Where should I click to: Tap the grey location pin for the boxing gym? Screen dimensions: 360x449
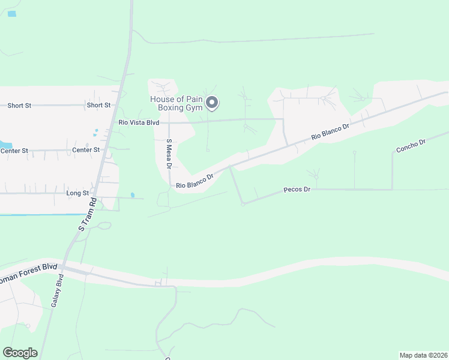tap(211, 103)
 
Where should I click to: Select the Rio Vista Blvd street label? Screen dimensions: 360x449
tap(139, 122)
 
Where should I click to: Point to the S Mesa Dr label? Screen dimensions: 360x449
tap(169, 154)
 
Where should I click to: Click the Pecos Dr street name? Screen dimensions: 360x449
tap(297, 190)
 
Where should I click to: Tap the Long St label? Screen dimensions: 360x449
tap(77, 193)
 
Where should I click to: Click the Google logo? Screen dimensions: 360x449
tap(20, 353)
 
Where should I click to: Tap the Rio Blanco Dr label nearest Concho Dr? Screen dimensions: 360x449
tap(330, 133)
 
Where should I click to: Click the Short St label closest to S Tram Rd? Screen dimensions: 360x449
tap(98, 105)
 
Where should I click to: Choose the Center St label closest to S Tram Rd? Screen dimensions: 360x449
tap(86, 150)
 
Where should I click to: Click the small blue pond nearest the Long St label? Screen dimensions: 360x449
tap(133, 196)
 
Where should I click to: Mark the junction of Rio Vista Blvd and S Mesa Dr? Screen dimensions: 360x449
tap(169, 121)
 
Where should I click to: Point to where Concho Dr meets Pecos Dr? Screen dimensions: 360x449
tap(392, 190)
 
